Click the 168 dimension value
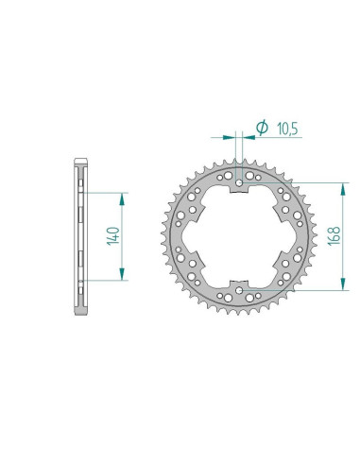(x=334, y=235)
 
